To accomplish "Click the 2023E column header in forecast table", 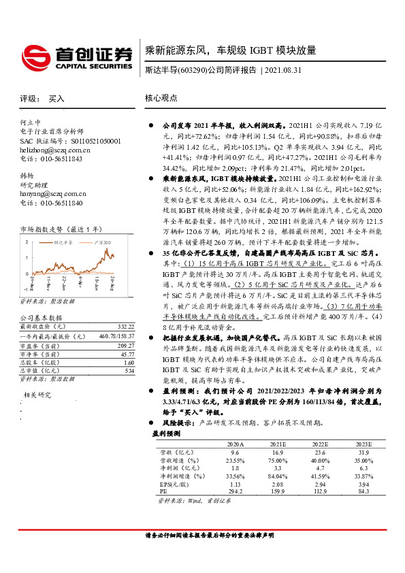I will click(363, 442).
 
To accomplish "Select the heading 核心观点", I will click(161, 98).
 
